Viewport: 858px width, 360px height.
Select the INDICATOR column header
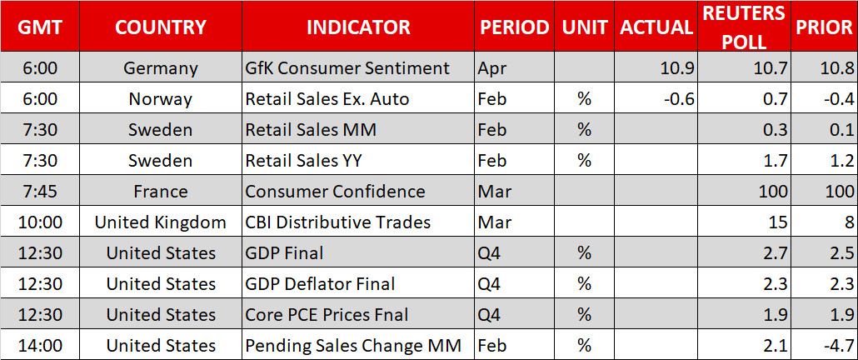[x=358, y=27]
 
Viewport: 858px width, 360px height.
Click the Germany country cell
[x=160, y=67]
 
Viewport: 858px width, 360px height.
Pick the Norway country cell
[x=160, y=98]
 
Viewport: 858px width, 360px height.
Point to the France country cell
[x=160, y=192]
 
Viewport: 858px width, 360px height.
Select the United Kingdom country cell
[x=160, y=222]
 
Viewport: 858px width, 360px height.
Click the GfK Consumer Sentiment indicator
[x=347, y=67]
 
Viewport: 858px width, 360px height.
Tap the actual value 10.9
[x=679, y=68]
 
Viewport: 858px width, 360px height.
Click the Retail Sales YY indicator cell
[x=303, y=160]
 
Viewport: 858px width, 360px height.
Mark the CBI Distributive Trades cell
[x=337, y=222]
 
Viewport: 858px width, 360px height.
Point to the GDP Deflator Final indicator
[x=320, y=284]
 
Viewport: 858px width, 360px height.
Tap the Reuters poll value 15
[x=778, y=222]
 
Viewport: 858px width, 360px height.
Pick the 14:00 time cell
[x=39, y=346]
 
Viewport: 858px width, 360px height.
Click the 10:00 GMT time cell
[x=39, y=222]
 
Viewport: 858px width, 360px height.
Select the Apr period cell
[x=490, y=69]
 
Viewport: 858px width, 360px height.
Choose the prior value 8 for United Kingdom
[x=848, y=222]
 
